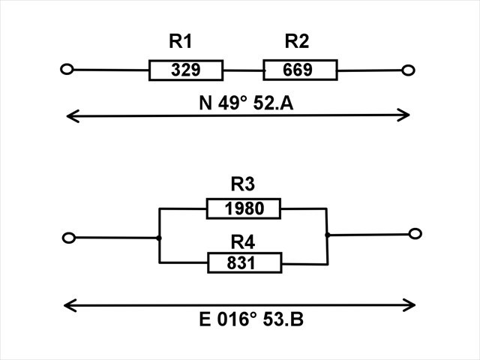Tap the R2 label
click(297, 43)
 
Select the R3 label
click(243, 184)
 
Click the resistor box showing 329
click(186, 70)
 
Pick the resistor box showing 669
click(300, 70)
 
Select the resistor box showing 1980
click(244, 208)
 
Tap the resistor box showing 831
click(244, 262)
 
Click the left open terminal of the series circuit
click(67, 70)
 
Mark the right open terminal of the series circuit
click(408, 70)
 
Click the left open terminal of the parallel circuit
click(69, 238)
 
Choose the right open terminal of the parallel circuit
click(415, 234)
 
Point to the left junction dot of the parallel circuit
click(159, 238)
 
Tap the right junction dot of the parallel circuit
click(327, 235)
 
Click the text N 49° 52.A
click(245, 103)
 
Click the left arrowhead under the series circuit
click(70, 115)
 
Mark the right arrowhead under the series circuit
click(405, 115)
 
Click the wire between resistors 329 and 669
click(243, 70)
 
